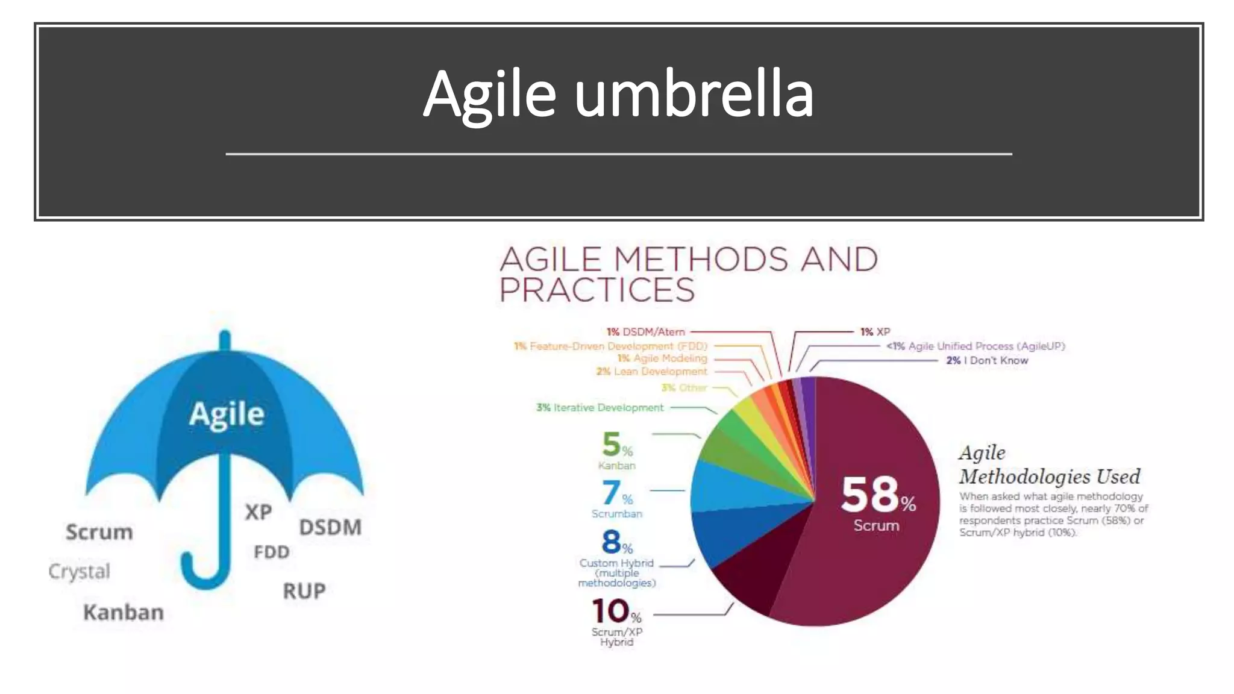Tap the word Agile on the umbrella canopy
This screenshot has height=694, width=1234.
(227, 414)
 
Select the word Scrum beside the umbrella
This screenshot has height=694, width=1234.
(99, 532)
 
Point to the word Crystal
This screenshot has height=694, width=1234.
(79, 571)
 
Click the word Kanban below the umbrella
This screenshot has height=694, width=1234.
(124, 612)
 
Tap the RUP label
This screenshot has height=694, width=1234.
(304, 591)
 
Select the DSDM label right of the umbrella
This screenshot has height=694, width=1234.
(330, 527)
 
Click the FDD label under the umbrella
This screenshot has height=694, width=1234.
(272, 552)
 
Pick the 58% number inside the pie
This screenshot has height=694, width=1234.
(878, 495)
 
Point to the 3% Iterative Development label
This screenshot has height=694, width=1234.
(600, 408)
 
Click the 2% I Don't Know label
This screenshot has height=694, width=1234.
(987, 360)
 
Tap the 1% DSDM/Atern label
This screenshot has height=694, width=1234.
(645, 332)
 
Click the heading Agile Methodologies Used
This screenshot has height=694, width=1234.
(1048, 464)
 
